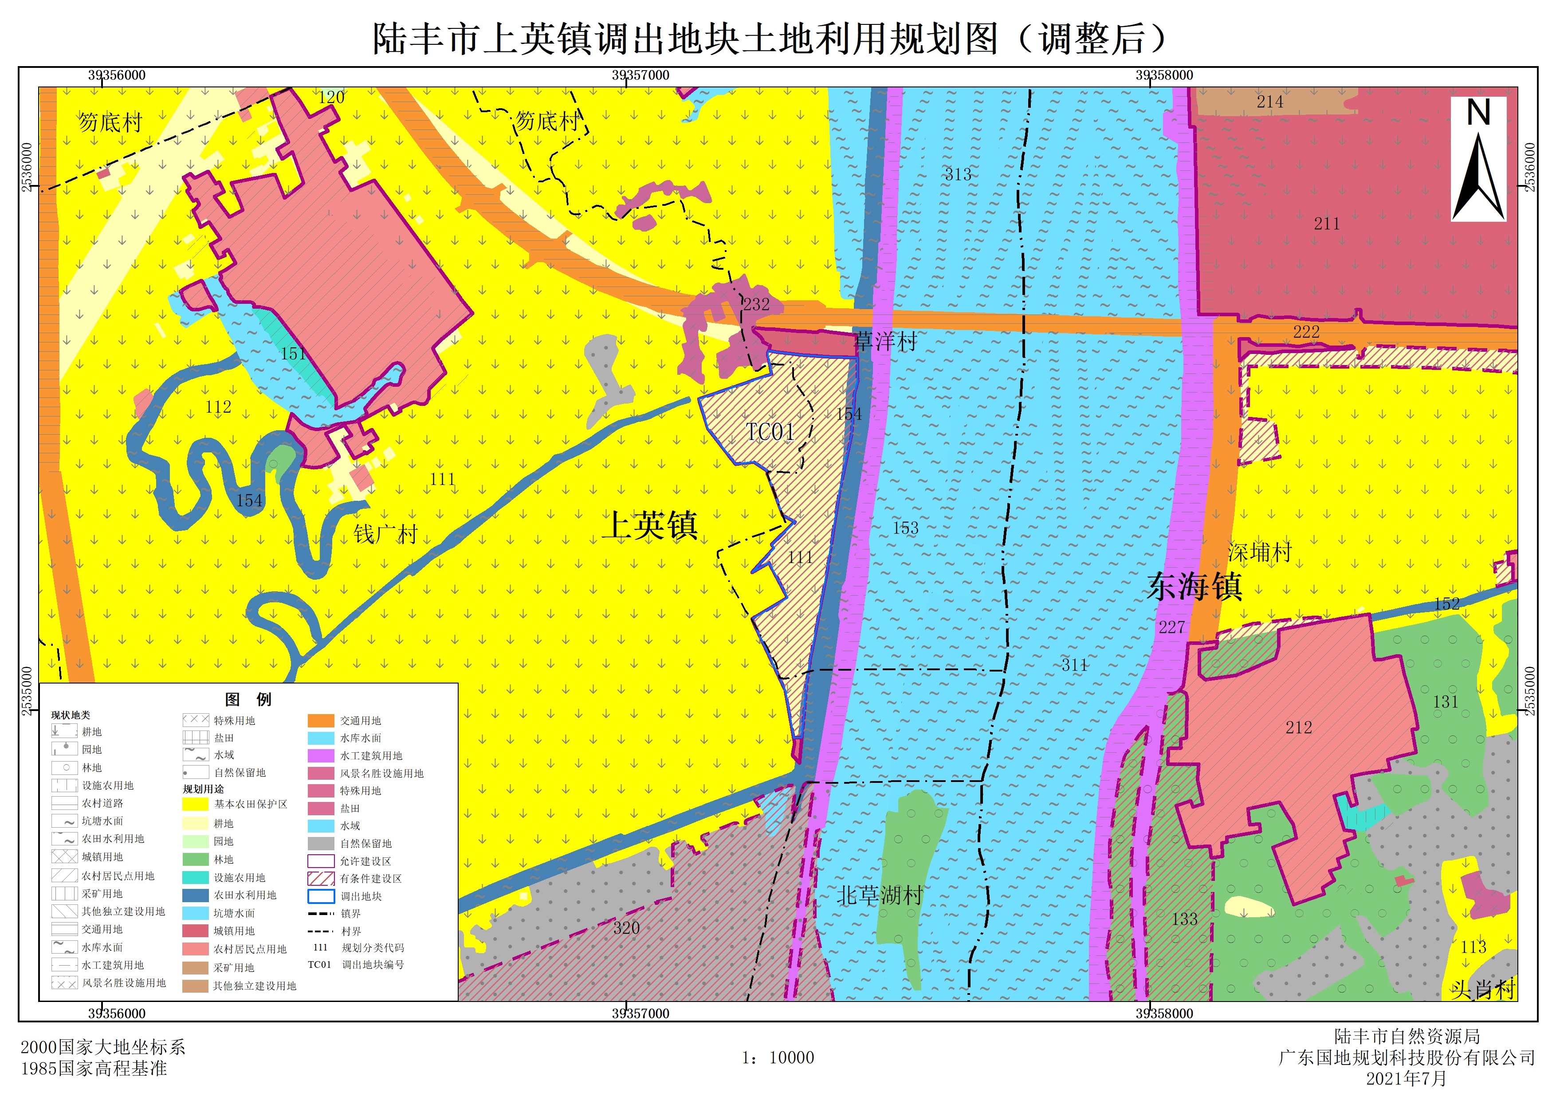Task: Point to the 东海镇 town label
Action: [x=1195, y=586]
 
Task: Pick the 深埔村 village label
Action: [x=1260, y=552]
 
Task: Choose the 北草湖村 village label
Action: [x=880, y=896]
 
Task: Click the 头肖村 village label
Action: [x=1482, y=990]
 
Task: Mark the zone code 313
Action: [x=958, y=174]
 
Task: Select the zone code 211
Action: [x=1326, y=224]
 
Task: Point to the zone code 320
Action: [x=626, y=928]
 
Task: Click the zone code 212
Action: [x=1298, y=727]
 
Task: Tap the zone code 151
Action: [x=293, y=353]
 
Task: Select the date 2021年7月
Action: [x=1406, y=1078]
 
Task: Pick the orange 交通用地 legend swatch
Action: [x=321, y=720]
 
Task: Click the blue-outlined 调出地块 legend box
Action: [x=321, y=896]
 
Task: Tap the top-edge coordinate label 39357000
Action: [x=640, y=75]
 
